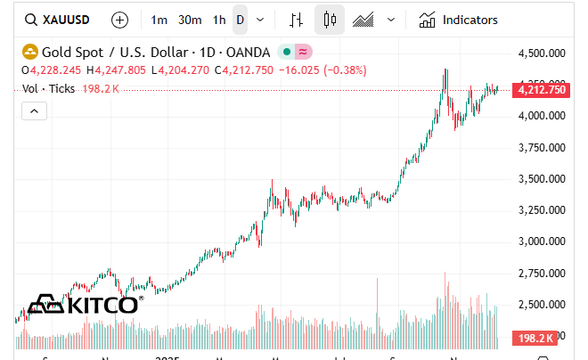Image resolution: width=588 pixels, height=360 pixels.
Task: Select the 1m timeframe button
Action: [x=159, y=20]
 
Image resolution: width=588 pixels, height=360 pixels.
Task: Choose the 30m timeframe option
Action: [x=189, y=20]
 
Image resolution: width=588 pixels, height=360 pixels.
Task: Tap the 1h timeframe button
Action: [x=218, y=20]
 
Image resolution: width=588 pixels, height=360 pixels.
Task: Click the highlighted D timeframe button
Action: [x=240, y=20]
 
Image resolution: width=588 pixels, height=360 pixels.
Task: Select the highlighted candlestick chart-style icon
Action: [x=330, y=20]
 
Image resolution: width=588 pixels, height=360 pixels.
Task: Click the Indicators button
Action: [x=458, y=20]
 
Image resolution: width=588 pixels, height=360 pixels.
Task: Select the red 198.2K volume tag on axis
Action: [x=536, y=338]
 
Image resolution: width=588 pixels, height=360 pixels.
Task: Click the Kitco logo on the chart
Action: [x=84, y=305]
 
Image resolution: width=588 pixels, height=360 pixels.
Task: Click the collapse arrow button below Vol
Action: [x=34, y=110]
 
